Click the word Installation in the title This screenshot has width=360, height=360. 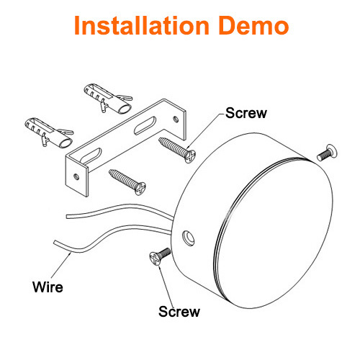[142, 25]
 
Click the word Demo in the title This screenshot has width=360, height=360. [253, 25]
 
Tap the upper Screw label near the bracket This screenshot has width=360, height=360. [246, 113]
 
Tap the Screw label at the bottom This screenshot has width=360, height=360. [179, 312]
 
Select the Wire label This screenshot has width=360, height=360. [48, 287]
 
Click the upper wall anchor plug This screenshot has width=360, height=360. [108, 99]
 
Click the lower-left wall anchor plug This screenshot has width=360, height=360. [49, 132]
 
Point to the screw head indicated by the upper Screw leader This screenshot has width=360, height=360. [190, 156]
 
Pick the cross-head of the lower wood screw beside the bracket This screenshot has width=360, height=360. [140, 189]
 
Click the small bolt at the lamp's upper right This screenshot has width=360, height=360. [327, 153]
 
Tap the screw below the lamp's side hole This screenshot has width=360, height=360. [160, 256]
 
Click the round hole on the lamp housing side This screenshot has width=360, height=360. [189, 238]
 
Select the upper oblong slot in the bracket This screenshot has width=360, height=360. [145, 125]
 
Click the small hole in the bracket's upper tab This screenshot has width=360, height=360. [176, 119]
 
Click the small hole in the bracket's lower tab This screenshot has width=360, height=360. [76, 177]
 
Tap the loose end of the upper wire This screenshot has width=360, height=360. [67, 217]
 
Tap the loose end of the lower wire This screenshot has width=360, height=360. [55, 242]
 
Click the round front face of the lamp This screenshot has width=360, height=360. [274, 233]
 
